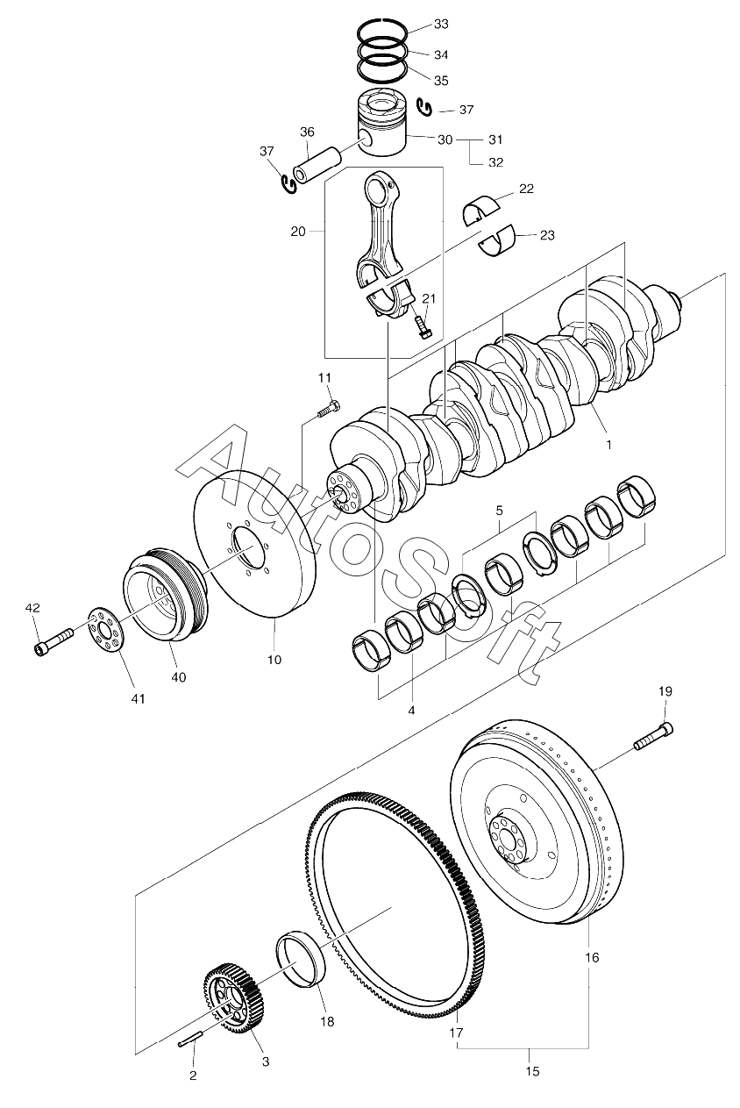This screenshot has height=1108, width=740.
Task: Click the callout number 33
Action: (x=441, y=24)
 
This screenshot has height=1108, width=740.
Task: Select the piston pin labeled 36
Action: (x=317, y=165)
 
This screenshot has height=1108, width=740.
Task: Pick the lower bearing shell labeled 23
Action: (x=497, y=240)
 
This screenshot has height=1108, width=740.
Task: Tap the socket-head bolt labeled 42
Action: (x=54, y=643)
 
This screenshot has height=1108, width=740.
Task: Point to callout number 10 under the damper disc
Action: (x=274, y=659)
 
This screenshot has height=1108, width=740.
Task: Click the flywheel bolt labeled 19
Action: (x=653, y=736)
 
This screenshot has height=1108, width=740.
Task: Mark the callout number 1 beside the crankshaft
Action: (x=609, y=445)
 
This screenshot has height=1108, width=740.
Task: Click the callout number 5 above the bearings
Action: (x=499, y=510)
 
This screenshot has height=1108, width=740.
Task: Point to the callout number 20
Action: (x=298, y=231)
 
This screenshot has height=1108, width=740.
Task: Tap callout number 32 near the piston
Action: (x=495, y=162)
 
